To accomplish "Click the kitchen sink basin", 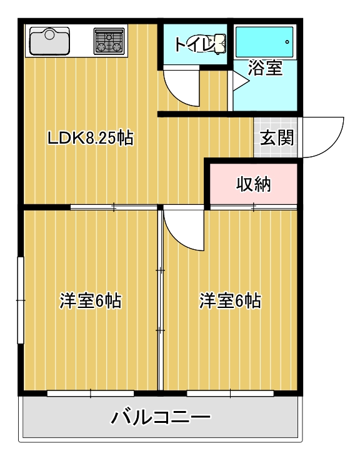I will pyautogui.click(x=51, y=42).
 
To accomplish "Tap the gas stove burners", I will pyautogui.click(x=110, y=41).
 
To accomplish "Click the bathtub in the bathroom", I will pyautogui.click(x=264, y=42).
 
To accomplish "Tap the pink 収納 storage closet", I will pyautogui.click(x=253, y=184).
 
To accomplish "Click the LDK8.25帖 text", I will pyautogui.click(x=90, y=138).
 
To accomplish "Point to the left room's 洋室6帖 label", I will pyautogui.click(x=90, y=301).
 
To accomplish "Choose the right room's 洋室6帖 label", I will pyautogui.click(x=230, y=301).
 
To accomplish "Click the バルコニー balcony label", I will pyautogui.click(x=161, y=417).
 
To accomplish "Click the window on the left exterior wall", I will pyautogui.click(x=21, y=300).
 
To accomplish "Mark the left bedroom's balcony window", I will pyautogui.click(x=91, y=394).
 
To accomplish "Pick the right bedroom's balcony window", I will pyautogui.click(x=230, y=394).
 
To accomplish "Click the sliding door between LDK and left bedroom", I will pyautogui.click(x=114, y=207).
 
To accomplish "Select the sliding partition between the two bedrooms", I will pyautogui.click(x=160, y=300).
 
